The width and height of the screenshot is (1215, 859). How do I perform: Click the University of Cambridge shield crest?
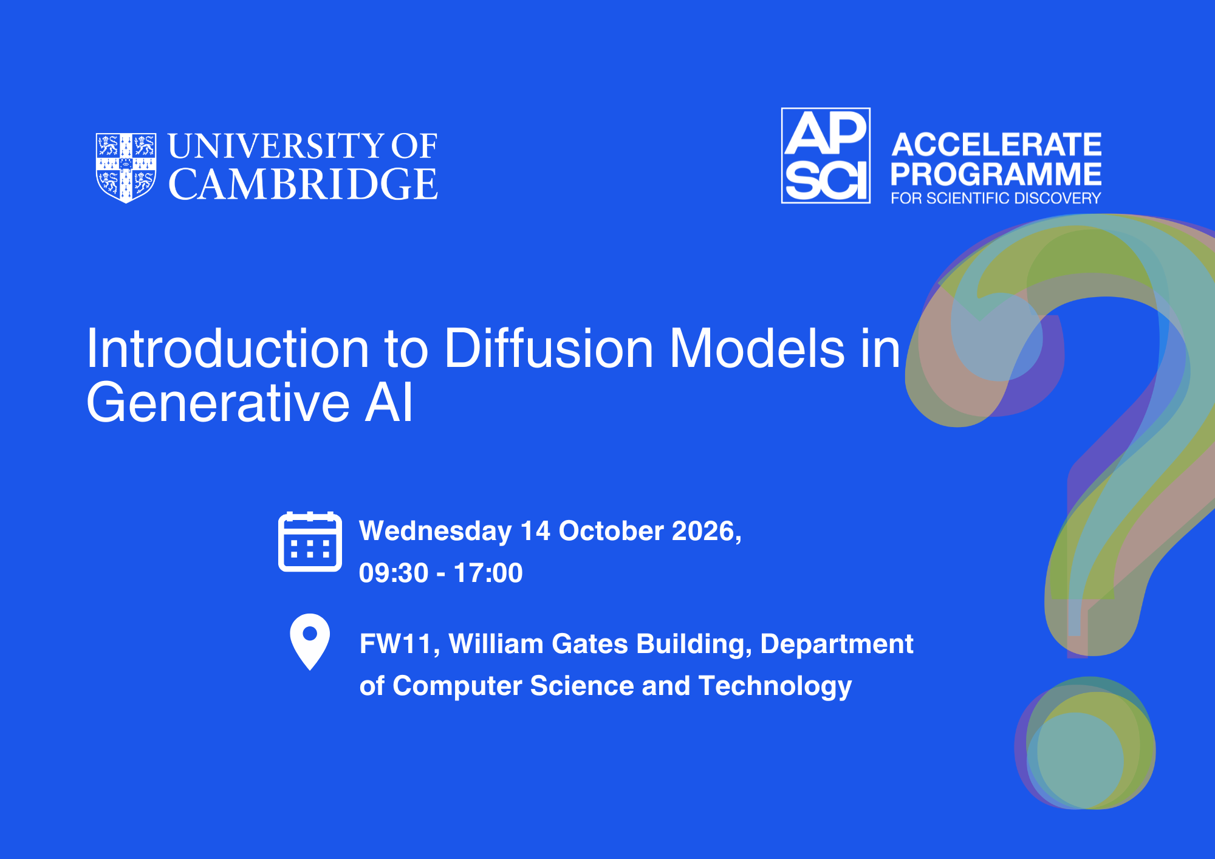coord(126,168)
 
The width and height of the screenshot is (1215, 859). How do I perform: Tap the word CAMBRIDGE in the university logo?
coord(303,184)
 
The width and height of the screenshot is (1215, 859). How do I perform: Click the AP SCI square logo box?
coord(826,156)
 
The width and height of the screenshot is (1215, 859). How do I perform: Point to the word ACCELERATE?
coord(996,145)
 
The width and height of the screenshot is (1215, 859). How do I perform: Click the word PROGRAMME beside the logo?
coord(996,174)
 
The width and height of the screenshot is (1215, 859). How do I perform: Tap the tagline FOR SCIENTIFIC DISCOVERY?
coord(996,198)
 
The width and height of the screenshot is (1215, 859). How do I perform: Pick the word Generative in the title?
coord(218,402)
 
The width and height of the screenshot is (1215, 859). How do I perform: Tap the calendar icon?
coord(310,542)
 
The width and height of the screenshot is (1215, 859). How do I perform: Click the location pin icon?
coord(310,642)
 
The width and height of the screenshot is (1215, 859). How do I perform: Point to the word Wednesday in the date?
coord(436,532)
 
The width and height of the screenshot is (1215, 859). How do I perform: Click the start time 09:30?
coord(394,573)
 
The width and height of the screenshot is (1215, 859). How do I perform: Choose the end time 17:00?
coord(488,573)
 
